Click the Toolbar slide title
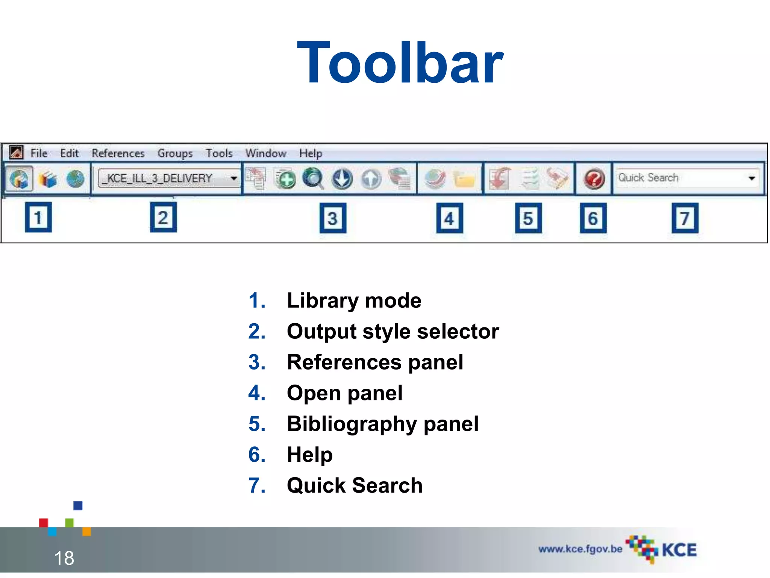[x=400, y=63]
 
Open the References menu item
[x=118, y=153]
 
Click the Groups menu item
[x=175, y=153]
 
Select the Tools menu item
[x=219, y=153]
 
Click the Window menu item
[x=266, y=153]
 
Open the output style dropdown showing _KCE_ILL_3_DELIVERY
[x=169, y=178]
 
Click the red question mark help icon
[x=594, y=178]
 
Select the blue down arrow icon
[x=342, y=178]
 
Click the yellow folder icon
[x=464, y=179]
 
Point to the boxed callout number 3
[x=333, y=218]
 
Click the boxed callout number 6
[x=593, y=218]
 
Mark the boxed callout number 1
[x=38, y=218]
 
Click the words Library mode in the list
[x=354, y=301]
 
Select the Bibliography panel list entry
[x=382, y=424]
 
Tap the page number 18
[x=64, y=558]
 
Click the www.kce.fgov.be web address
[x=580, y=549]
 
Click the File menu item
[x=39, y=153]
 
